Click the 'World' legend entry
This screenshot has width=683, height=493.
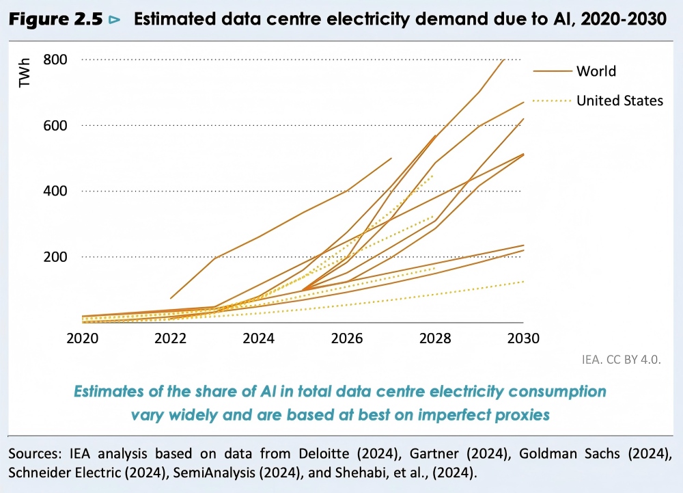(x=596, y=71)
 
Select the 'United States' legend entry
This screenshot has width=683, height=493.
(x=619, y=101)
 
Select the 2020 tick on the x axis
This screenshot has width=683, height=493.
(x=82, y=338)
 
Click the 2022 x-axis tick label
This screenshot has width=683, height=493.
(x=170, y=338)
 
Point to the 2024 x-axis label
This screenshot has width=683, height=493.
(x=258, y=338)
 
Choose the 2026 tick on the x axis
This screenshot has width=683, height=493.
(x=347, y=338)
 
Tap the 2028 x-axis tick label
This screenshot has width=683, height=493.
(x=435, y=338)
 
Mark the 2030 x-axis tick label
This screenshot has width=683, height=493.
(x=523, y=338)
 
